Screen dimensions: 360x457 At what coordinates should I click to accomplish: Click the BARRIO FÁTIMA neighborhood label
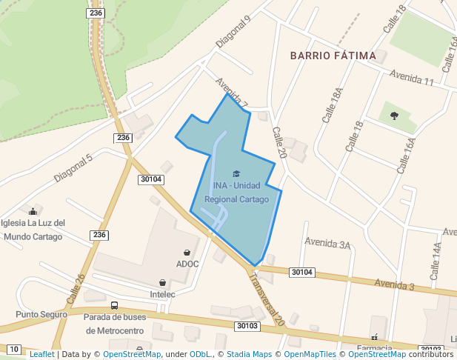pyautogui.click(x=333, y=56)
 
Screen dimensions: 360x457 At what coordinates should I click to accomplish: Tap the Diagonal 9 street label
pyautogui.click(x=233, y=34)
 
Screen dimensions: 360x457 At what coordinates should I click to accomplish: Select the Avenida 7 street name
pyautogui.click(x=231, y=93)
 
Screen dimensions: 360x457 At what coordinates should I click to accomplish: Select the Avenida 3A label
pyautogui.click(x=327, y=243)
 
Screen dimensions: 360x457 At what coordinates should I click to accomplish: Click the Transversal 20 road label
pyautogui.click(x=266, y=300)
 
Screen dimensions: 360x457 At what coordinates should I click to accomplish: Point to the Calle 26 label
pyautogui.click(x=76, y=289)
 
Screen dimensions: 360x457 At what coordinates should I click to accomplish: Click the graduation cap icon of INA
pyautogui.click(x=236, y=173)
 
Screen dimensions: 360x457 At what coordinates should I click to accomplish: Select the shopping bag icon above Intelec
pyautogui.click(x=162, y=282)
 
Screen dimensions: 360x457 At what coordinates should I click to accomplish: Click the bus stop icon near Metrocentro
pyautogui.click(x=114, y=305)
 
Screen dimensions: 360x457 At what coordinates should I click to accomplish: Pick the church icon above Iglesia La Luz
pyautogui.click(x=32, y=212)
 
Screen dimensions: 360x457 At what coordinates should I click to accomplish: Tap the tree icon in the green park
pyautogui.click(x=393, y=115)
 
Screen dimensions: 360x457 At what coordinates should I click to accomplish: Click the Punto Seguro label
pyautogui.click(x=41, y=314)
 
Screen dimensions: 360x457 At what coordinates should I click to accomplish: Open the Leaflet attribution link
pyautogui.click(x=41, y=354)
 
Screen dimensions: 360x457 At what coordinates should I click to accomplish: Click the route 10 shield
pyautogui.click(x=14, y=348)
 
